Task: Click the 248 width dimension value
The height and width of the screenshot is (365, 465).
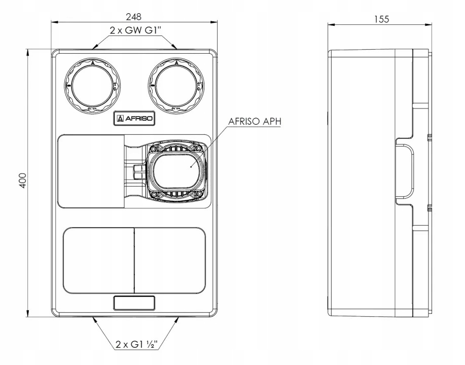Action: coord(134,17)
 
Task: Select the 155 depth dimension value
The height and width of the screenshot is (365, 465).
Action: coord(381,19)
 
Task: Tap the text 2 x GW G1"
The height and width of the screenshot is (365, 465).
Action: coord(134,30)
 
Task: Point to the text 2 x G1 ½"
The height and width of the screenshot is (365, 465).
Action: coord(135,345)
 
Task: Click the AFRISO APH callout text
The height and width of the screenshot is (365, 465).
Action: coord(254,122)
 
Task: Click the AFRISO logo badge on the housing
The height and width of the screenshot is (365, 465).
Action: coord(135,119)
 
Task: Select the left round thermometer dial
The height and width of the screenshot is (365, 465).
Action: coord(93,85)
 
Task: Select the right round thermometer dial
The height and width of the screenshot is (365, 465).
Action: coord(176,85)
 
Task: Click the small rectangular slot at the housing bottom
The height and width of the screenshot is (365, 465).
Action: coord(134,303)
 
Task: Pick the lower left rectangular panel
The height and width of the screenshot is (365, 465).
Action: coord(98,260)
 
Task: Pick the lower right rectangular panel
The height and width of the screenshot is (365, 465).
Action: coord(170,260)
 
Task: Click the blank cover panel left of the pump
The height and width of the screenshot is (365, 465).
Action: coord(91,171)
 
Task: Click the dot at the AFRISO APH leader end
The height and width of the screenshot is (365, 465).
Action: coord(190,165)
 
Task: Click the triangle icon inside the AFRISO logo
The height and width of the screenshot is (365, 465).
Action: coord(120,119)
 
